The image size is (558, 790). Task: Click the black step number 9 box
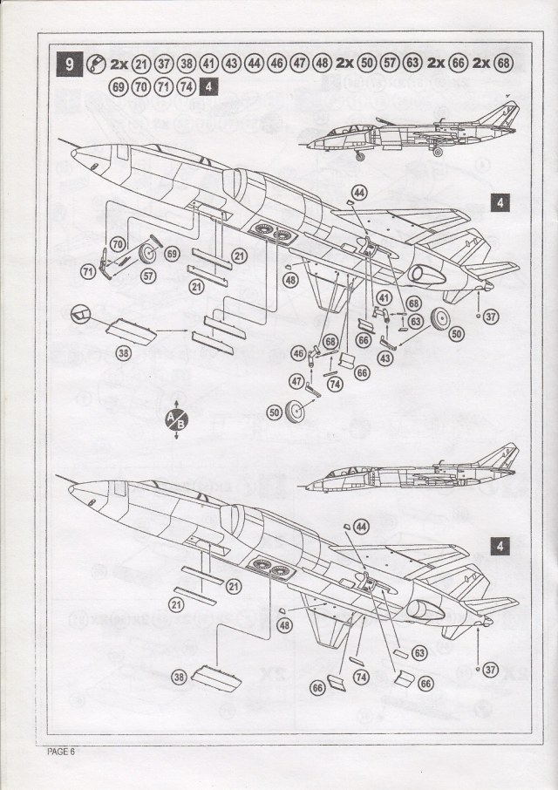pyautogui.click(x=69, y=64)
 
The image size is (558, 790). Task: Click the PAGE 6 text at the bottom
pyautogui.click(x=61, y=752)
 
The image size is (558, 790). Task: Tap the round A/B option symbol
pyautogui.click(x=176, y=419)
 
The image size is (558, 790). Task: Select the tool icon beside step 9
pyautogui.click(x=96, y=64)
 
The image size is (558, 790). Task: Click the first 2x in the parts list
pyautogui.click(x=119, y=65)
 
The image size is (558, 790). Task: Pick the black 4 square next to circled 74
pyautogui.click(x=208, y=86)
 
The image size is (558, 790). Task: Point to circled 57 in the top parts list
pyautogui.click(x=389, y=64)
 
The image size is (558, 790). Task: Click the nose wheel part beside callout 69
pyautogui.click(x=148, y=254)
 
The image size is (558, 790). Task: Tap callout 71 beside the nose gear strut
pyautogui.click(x=89, y=272)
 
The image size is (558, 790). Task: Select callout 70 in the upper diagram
pyautogui.click(x=118, y=245)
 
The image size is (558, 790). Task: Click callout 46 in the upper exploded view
pyautogui.click(x=299, y=354)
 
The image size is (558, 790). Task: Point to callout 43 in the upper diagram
pyautogui.click(x=385, y=358)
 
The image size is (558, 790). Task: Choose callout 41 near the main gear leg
pyautogui.click(x=384, y=297)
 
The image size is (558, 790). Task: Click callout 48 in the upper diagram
pyautogui.click(x=290, y=280)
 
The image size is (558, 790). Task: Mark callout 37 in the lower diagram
pyautogui.click(x=491, y=670)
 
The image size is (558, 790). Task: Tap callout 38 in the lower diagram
pyautogui.click(x=180, y=678)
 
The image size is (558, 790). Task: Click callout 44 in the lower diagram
pyautogui.click(x=362, y=527)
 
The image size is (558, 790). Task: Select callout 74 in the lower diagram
pyautogui.click(x=361, y=678)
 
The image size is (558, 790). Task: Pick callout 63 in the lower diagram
pyautogui.click(x=419, y=653)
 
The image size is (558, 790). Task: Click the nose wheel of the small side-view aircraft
pyautogui.click(x=359, y=157)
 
